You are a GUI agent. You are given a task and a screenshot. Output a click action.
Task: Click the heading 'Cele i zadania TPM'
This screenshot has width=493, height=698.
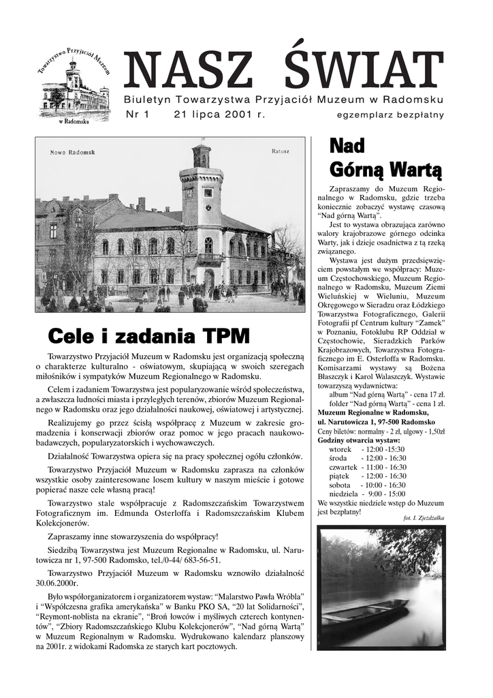[x=148, y=336]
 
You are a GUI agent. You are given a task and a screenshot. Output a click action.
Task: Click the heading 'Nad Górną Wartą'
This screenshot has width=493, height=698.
[x=376, y=157]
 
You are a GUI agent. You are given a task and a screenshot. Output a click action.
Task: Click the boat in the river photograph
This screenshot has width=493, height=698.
[x=365, y=611]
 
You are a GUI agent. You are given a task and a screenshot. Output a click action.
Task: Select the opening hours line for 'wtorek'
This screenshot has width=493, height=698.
[x=366, y=450]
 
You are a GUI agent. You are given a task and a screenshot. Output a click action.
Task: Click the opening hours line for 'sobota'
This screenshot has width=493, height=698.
[x=368, y=485]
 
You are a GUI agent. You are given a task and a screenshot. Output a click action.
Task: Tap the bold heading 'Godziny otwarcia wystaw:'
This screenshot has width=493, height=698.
[x=360, y=440]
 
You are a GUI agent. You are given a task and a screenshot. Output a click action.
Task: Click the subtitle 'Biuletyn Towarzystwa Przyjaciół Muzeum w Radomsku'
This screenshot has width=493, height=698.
[x=283, y=100]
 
